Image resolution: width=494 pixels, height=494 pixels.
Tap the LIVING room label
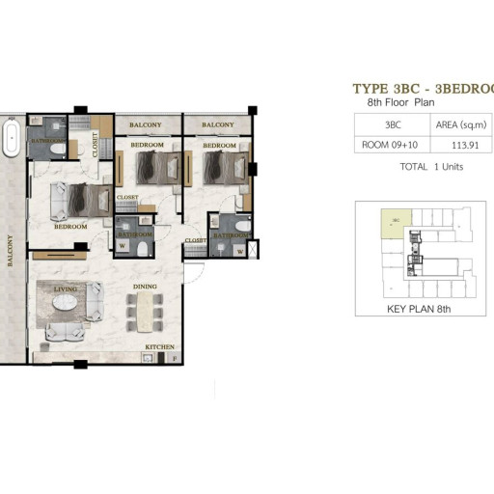coord(66,288)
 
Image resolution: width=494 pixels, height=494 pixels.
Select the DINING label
coord(146,287)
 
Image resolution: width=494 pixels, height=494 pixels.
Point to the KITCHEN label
coord(158,346)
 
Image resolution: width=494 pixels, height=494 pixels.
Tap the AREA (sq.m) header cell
coord(461,124)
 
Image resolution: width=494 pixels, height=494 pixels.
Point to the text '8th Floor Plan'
coord(411,101)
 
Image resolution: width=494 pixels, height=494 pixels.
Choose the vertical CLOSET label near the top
coord(96,145)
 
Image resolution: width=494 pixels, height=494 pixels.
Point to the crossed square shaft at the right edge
coord(253,248)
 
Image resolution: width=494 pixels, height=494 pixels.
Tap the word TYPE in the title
coord(373,89)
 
